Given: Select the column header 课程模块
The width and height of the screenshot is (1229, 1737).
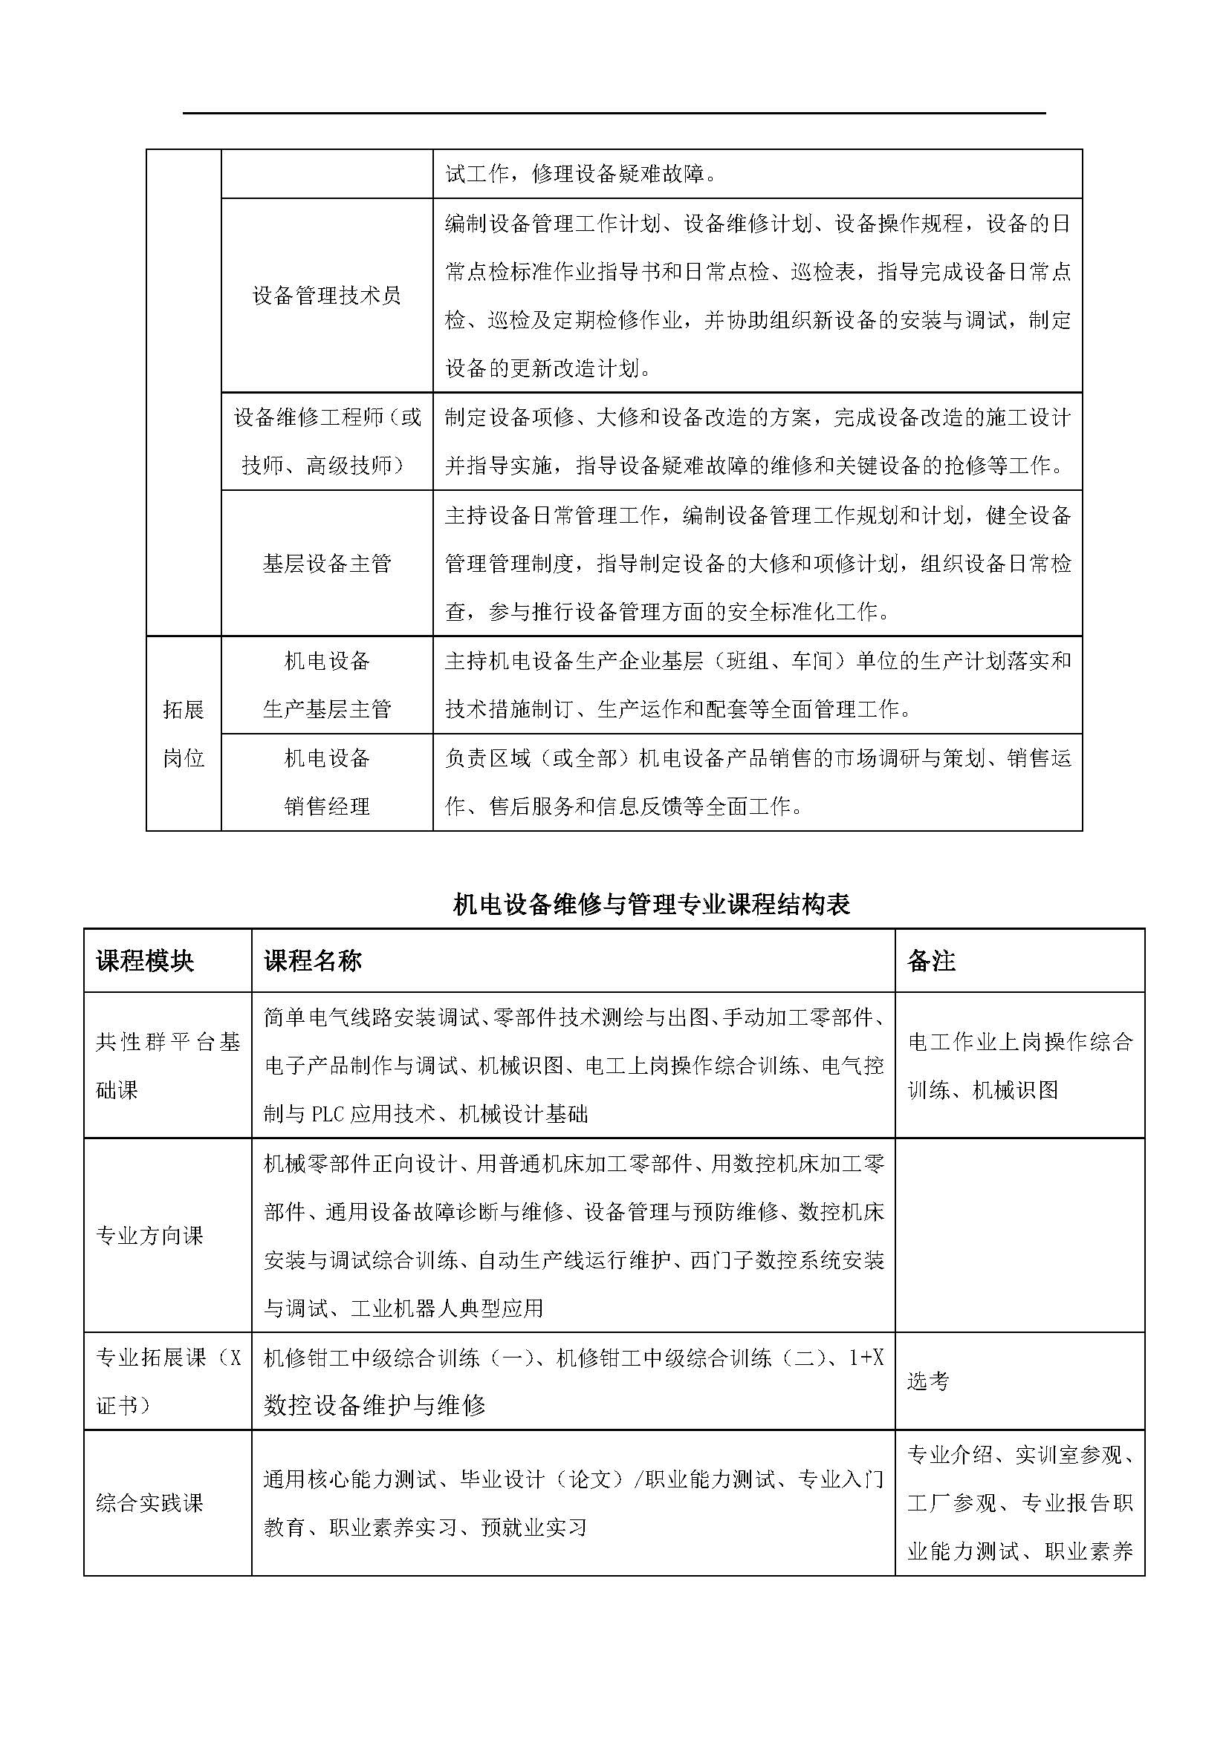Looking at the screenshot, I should coord(145,961).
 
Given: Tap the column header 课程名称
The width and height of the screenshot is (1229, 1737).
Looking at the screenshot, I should coord(313,961).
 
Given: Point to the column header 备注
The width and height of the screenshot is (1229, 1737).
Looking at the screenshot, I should coord(931,961).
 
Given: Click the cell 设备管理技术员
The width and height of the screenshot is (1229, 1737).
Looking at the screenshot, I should coord(326,295).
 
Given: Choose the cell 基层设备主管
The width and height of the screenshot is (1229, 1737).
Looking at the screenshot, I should coord(326,564).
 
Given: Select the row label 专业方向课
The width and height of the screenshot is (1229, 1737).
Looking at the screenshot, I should coord(150,1236).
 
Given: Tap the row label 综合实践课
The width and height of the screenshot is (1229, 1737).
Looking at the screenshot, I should coord(150,1502).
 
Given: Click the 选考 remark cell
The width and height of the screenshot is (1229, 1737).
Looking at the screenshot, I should coord(928,1381).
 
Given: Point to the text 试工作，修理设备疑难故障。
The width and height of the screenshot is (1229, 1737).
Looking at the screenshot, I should coord(581,174).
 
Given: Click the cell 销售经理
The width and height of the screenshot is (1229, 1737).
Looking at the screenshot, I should coord(326,806).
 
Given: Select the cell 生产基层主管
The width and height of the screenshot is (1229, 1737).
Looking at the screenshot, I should coord(326,709).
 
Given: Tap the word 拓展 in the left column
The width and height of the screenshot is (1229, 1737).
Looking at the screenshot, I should coord(183,709).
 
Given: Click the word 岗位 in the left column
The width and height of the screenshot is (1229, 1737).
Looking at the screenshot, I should coord(183,757).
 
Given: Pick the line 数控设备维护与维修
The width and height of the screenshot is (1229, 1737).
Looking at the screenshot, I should coord(374,1405).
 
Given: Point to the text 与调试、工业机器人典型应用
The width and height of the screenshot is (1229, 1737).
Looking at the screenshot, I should coord(403,1308).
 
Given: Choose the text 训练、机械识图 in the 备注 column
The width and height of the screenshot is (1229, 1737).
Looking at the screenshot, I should coord(982,1090).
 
